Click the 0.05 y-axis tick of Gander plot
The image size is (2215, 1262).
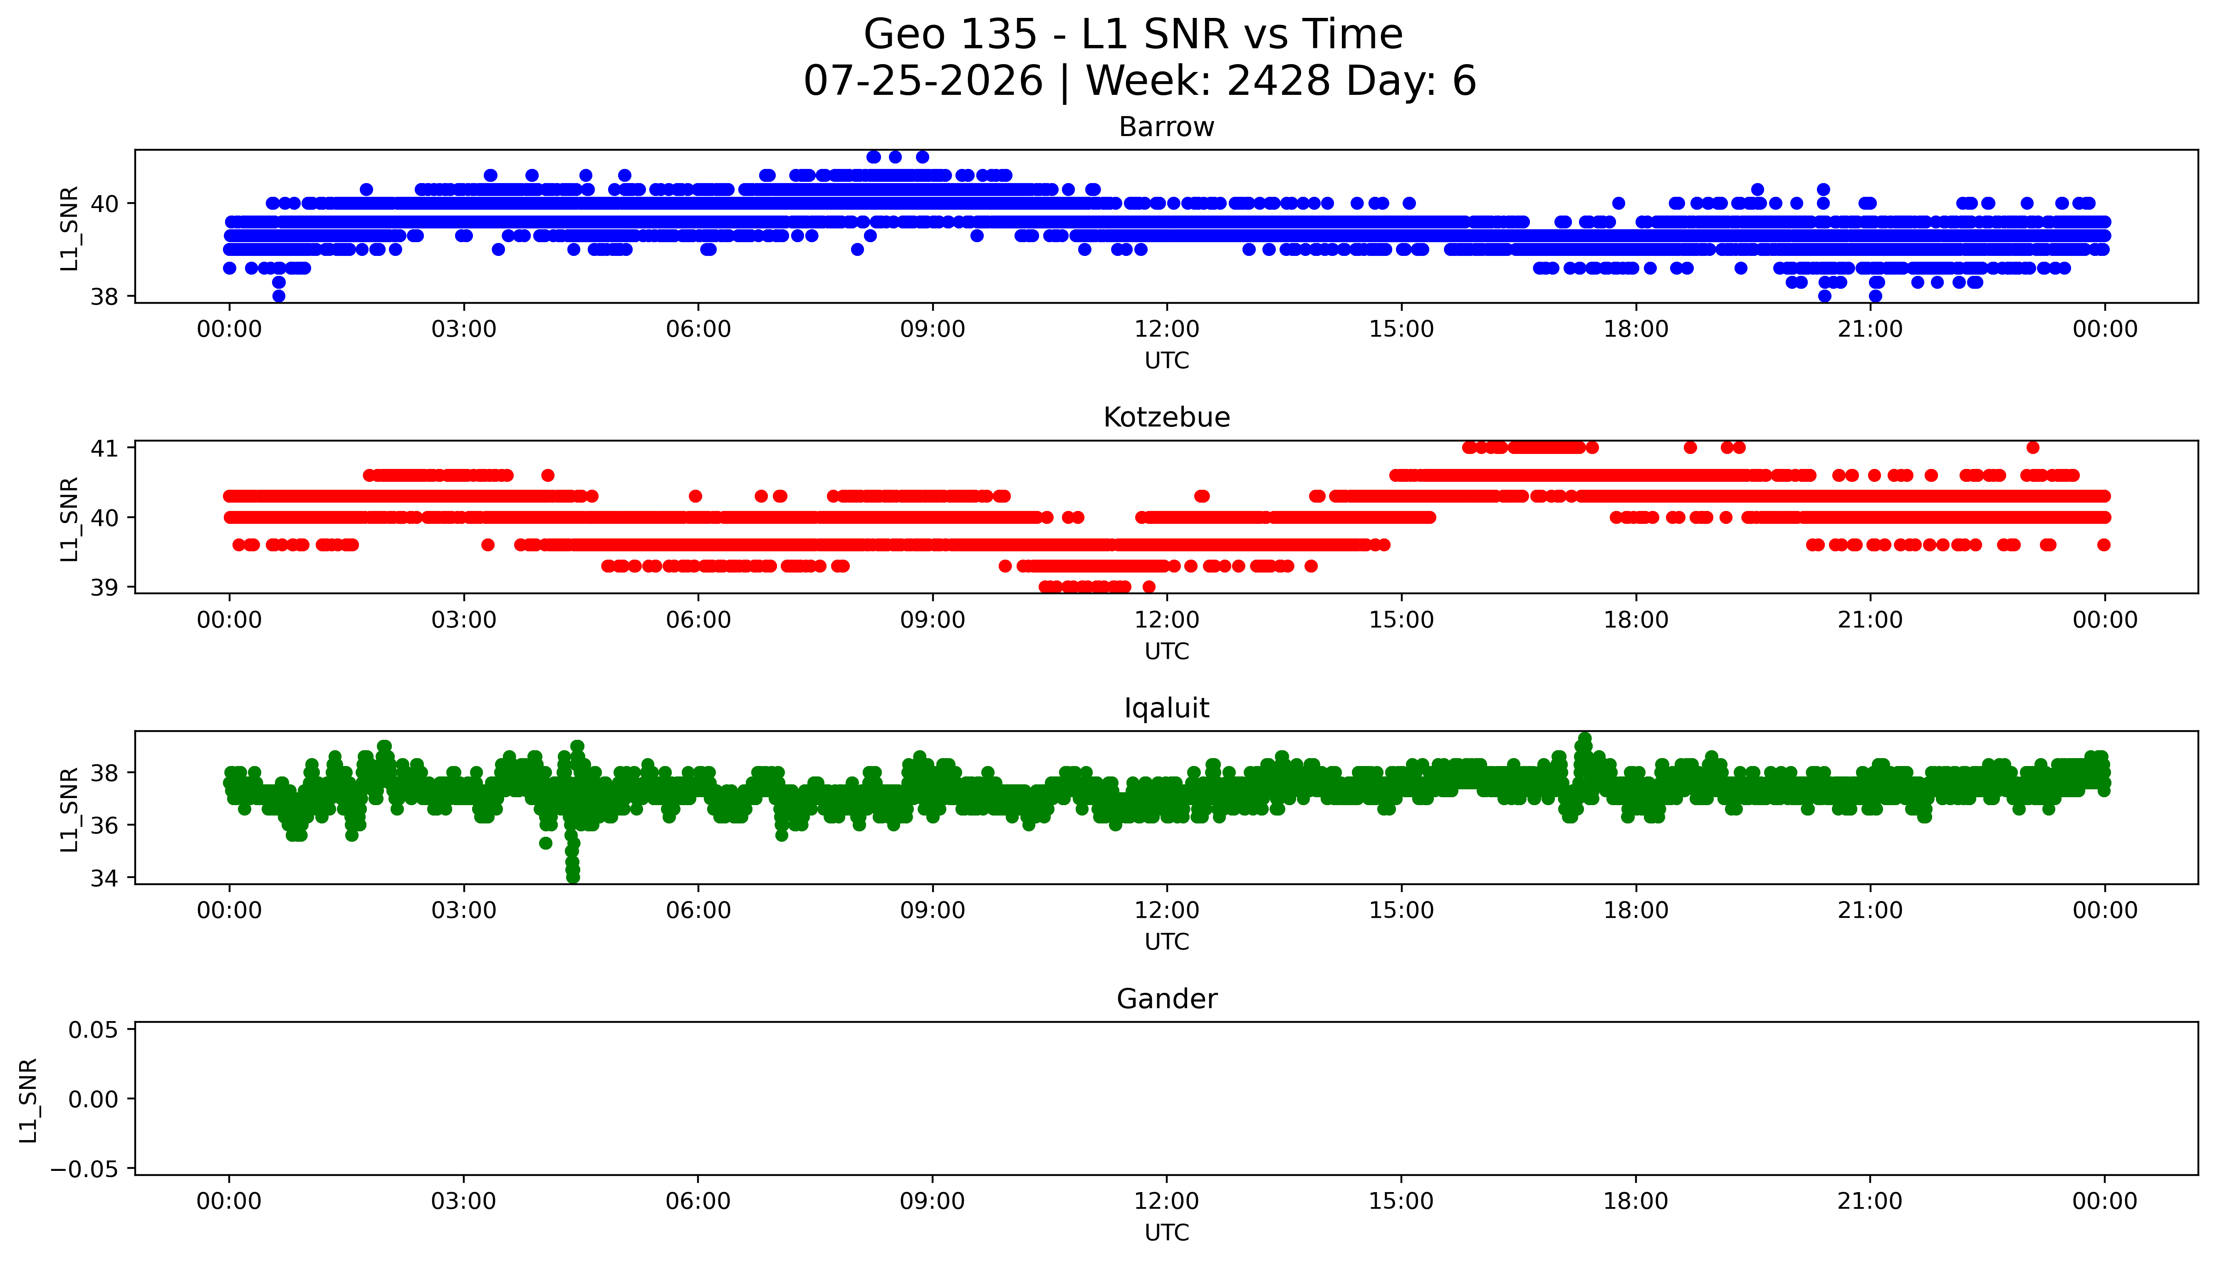click(94, 1030)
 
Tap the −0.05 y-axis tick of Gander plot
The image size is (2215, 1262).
click(85, 1169)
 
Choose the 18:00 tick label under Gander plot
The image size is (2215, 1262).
click(1636, 1201)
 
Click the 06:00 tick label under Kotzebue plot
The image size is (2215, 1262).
click(698, 620)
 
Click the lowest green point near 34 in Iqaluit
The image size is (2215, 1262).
click(573, 877)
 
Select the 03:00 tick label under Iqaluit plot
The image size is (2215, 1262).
click(463, 910)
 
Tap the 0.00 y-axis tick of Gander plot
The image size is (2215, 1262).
click(94, 1099)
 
